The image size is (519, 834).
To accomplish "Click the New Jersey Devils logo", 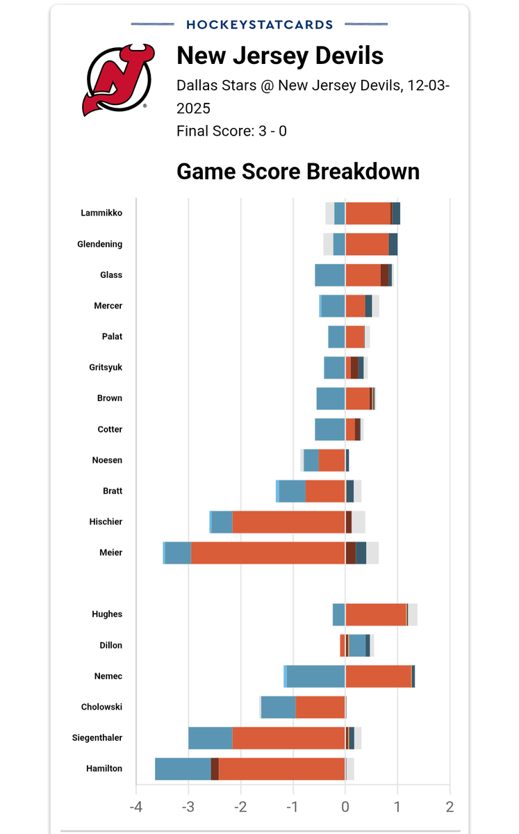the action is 118,80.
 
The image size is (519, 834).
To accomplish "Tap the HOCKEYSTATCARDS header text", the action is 260,24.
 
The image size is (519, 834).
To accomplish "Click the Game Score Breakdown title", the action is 298,171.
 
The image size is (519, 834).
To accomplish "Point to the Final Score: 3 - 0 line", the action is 231,131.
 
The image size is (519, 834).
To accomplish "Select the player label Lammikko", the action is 101,213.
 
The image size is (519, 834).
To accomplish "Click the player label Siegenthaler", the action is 97,737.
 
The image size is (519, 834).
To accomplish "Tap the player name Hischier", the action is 106,522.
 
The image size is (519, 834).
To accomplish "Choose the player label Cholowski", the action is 101,707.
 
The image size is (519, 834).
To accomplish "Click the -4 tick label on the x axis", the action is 136,807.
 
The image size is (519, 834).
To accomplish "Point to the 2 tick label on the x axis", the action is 450,807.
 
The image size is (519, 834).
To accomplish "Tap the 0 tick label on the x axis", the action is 345,807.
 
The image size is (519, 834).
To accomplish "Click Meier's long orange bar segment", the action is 268,553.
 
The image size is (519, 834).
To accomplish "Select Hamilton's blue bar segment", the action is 183,769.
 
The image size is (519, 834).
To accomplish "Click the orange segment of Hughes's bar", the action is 376,614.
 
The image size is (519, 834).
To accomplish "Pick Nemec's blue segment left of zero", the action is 315,676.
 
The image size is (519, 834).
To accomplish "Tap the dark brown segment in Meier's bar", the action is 351,553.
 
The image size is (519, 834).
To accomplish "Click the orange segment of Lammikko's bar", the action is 368,213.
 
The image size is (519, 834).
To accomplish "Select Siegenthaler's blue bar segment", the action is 211,738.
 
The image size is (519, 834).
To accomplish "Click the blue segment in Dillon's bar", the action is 357,645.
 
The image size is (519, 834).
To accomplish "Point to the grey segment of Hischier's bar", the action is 359,522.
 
